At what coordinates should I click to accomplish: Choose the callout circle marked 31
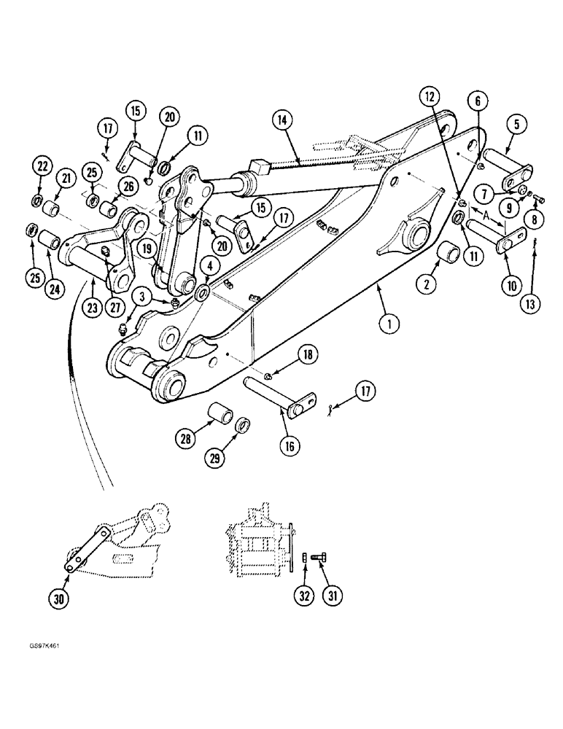pos(333,596)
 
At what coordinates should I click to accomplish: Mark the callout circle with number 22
pos(42,167)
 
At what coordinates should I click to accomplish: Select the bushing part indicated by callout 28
pos(220,414)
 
